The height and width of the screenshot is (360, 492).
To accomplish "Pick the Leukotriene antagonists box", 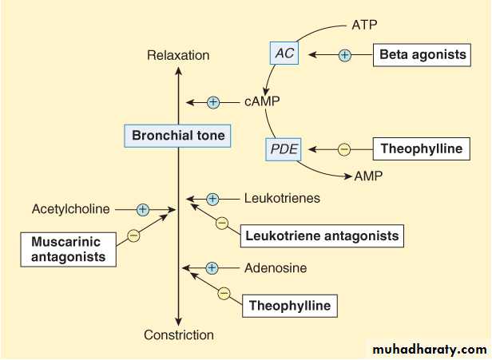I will pos(322,235).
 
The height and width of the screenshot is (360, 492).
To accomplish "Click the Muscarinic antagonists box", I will pos(68,248).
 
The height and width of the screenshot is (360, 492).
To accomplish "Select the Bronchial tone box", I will pos(178,136).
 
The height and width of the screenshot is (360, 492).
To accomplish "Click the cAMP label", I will pos(263,102).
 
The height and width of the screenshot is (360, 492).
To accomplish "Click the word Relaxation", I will pos(178,55).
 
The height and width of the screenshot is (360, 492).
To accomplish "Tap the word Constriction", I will pos(178,335).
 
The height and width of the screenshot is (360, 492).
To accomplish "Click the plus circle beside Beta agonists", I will pos(345,55).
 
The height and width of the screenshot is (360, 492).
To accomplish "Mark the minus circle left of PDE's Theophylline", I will pos(344,148).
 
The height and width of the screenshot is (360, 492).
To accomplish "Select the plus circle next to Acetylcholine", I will pos(143,209).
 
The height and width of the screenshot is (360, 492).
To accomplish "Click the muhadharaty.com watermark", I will pos(428,349).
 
